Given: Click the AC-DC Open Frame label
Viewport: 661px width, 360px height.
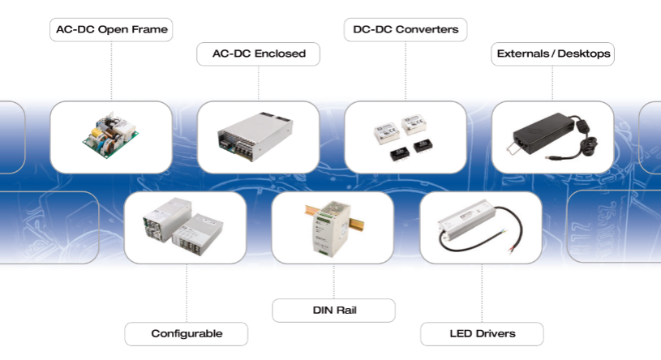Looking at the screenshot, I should point(110,30).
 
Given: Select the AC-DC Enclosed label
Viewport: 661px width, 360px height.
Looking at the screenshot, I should point(258,54).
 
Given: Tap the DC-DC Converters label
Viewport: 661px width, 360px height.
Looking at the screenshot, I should point(406,30).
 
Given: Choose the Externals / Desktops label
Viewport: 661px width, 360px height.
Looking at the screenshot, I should point(552,54).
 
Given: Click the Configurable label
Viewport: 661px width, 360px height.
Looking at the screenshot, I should point(186,333).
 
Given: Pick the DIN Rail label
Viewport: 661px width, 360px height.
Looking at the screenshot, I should point(333,310).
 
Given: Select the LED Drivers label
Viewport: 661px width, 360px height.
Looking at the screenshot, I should point(481,333).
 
